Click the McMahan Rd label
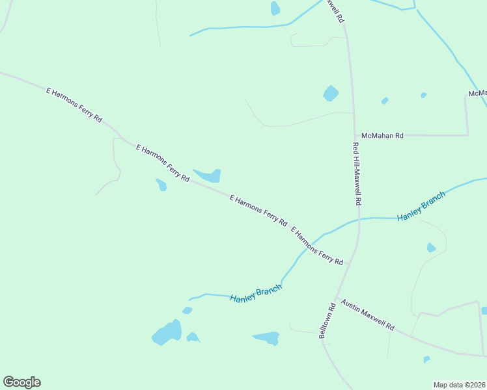[x=383, y=135]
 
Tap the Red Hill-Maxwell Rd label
[x=356, y=174]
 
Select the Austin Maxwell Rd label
[x=368, y=315]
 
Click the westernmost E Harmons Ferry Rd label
[x=74, y=105]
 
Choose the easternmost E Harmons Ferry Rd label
[x=317, y=246]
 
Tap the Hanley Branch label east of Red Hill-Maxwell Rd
[x=421, y=205]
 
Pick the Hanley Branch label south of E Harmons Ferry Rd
[x=256, y=292]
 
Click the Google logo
[x=21, y=382]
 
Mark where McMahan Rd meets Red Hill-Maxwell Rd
[x=354, y=135]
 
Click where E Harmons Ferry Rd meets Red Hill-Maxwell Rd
[x=350, y=264]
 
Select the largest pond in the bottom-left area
[x=168, y=333]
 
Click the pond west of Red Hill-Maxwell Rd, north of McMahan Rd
[x=331, y=94]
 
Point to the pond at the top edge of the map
[x=275, y=8]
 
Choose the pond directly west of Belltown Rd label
[x=266, y=338]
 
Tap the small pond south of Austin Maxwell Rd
[x=426, y=359]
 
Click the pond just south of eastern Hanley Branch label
[x=430, y=248]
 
